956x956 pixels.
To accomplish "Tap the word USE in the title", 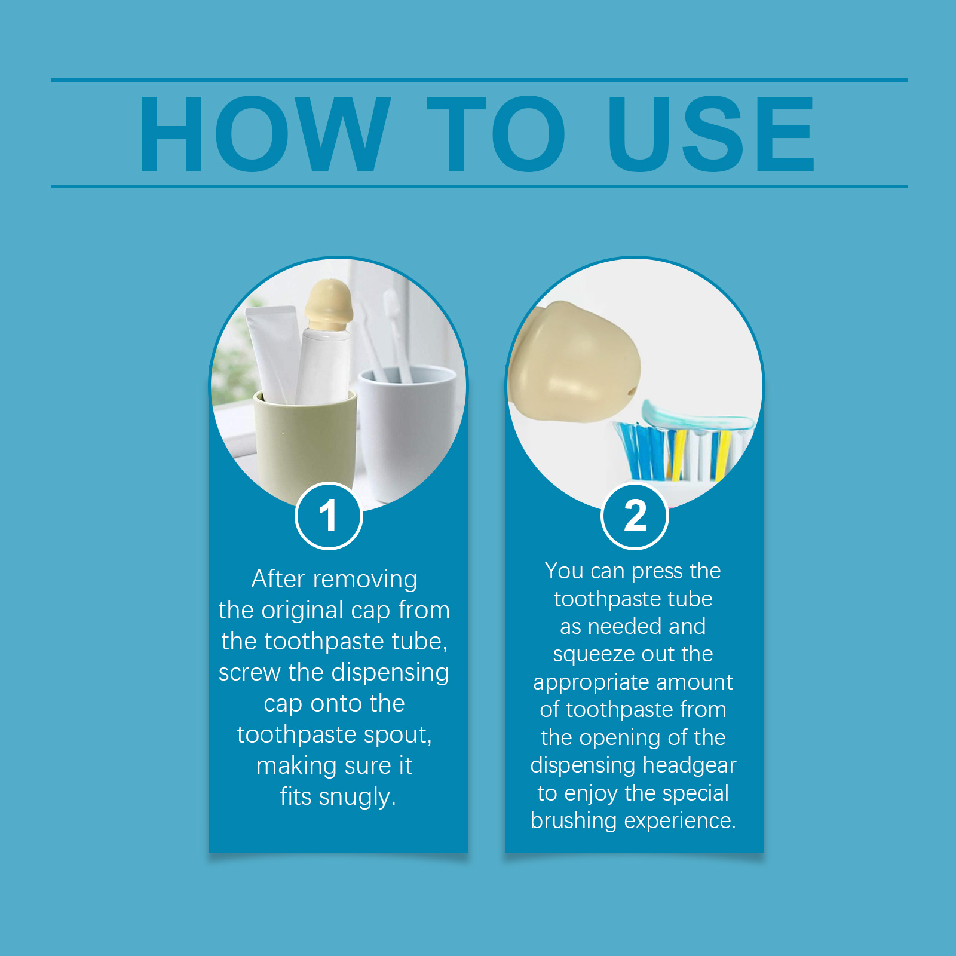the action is coord(711,134).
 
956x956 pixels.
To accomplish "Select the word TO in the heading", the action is coord(496,134).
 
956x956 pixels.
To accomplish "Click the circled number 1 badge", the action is coord(329,516).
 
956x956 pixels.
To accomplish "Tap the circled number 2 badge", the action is coord(635,516).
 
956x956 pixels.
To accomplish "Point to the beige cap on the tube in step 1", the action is coord(328,305).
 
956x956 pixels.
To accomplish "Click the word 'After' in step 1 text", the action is coord(278,579).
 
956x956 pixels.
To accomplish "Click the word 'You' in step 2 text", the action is coord(564,571).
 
